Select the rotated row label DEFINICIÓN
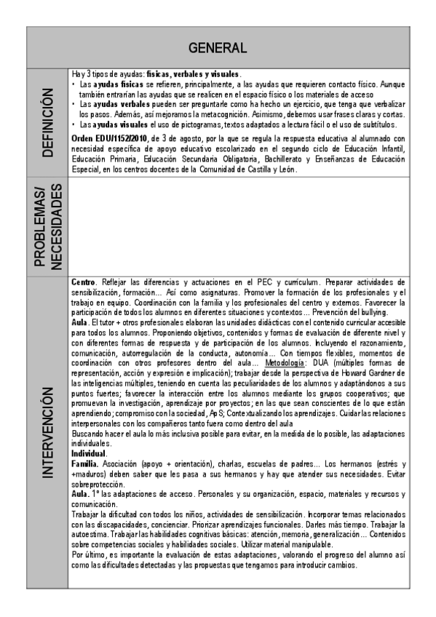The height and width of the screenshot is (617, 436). point(47,122)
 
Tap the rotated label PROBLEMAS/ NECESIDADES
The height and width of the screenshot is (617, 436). point(47,226)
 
